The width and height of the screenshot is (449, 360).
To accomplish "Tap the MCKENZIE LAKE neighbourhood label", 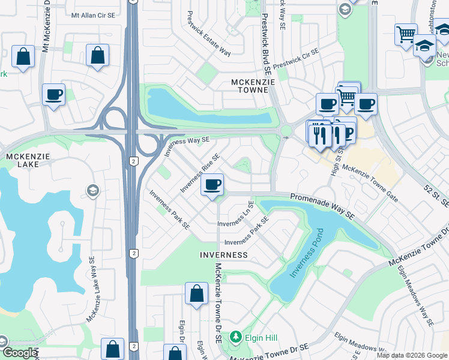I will (x=23, y=160).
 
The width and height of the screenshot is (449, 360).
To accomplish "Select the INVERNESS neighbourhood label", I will (x=224, y=255).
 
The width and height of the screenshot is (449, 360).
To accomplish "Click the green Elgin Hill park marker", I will (x=237, y=337).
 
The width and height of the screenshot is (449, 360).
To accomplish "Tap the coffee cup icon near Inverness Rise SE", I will (x=212, y=185).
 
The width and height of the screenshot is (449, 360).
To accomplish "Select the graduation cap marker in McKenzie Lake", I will (x=92, y=191).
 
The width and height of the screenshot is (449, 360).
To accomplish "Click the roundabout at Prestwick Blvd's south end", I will (x=286, y=130).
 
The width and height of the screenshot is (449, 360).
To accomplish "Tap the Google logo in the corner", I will (x=20, y=353).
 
